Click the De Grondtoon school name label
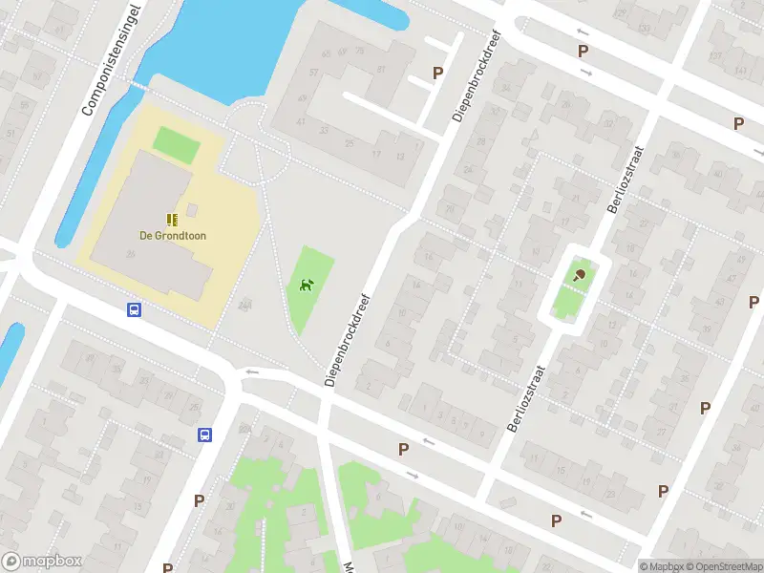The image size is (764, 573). pos(173,235)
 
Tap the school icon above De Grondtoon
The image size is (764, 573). pos(172,219)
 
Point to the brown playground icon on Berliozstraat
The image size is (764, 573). pos(580,275)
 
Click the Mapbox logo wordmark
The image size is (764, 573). pos(42,561)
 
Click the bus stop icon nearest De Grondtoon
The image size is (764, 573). pos(135,309)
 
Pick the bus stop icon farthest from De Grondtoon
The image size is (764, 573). pos(204,435)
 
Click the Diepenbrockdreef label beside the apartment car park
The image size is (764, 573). pos(477,75)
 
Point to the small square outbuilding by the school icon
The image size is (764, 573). pos(192,209)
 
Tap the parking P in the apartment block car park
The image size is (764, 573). pos(438,73)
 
